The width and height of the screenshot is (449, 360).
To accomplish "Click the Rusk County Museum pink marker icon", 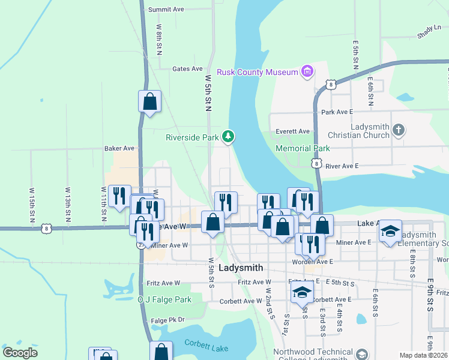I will [x=307, y=72].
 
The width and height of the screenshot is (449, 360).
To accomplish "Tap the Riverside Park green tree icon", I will [x=228, y=137].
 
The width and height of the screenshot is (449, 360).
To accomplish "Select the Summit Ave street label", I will [x=166, y=10].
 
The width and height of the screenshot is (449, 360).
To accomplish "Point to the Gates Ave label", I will [x=187, y=69].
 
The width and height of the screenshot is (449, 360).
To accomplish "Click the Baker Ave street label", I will [x=119, y=148].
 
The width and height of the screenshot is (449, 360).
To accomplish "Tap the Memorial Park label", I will [x=303, y=148].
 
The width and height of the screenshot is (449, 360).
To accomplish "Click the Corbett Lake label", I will [x=203, y=343].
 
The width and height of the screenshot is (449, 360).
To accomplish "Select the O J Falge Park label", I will [x=164, y=299].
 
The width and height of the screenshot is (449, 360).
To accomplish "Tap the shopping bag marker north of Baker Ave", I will [x=150, y=102].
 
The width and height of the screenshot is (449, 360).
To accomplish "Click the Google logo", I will [x=20, y=353].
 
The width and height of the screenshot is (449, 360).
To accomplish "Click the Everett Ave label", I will [x=292, y=131].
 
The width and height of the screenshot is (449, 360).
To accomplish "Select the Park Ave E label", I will [x=337, y=112].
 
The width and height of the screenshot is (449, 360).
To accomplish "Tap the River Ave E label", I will [x=342, y=166].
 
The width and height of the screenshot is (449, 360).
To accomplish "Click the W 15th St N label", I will [x=31, y=207].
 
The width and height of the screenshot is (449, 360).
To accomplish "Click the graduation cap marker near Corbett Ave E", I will [x=303, y=293].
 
